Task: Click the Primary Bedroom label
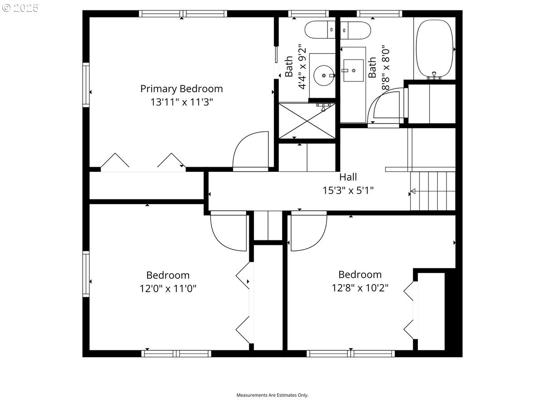tap(181, 89)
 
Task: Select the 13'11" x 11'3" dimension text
tap(181, 102)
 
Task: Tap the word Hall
tap(348, 177)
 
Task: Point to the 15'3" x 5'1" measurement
tap(348, 190)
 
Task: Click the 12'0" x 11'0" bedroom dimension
tap(168, 289)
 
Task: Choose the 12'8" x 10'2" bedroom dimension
tap(360, 288)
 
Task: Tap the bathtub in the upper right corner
tap(435, 49)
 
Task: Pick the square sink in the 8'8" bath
tap(353, 71)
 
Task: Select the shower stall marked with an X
tap(307, 120)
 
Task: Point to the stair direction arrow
tap(414, 191)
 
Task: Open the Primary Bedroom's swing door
tap(250, 151)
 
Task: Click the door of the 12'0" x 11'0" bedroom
tap(228, 229)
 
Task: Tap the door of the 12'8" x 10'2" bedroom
tap(308, 232)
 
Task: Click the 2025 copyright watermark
tap(21, 8)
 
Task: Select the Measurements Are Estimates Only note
tap(272, 395)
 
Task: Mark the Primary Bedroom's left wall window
tap(86, 85)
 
